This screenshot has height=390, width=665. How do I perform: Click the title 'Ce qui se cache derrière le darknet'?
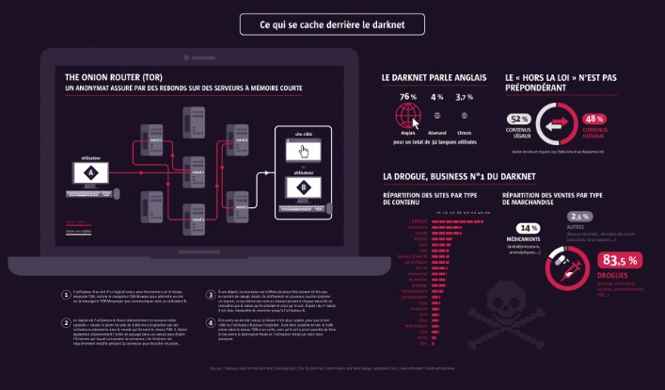pos(332,24)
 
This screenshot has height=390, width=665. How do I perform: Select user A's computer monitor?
pos(91,173)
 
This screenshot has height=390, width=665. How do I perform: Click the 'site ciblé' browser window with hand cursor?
pos(304,150)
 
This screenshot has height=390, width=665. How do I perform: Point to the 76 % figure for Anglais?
pos(407,97)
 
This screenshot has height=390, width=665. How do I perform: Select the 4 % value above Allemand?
pos(437,97)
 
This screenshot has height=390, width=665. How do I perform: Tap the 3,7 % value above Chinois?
pos(465,97)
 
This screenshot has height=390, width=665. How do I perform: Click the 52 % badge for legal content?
pos(518,119)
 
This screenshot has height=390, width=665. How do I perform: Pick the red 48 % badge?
pos(594,120)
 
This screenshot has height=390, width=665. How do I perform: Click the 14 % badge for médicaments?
pos(528,228)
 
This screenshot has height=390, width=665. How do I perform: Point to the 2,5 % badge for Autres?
pos(578,216)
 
